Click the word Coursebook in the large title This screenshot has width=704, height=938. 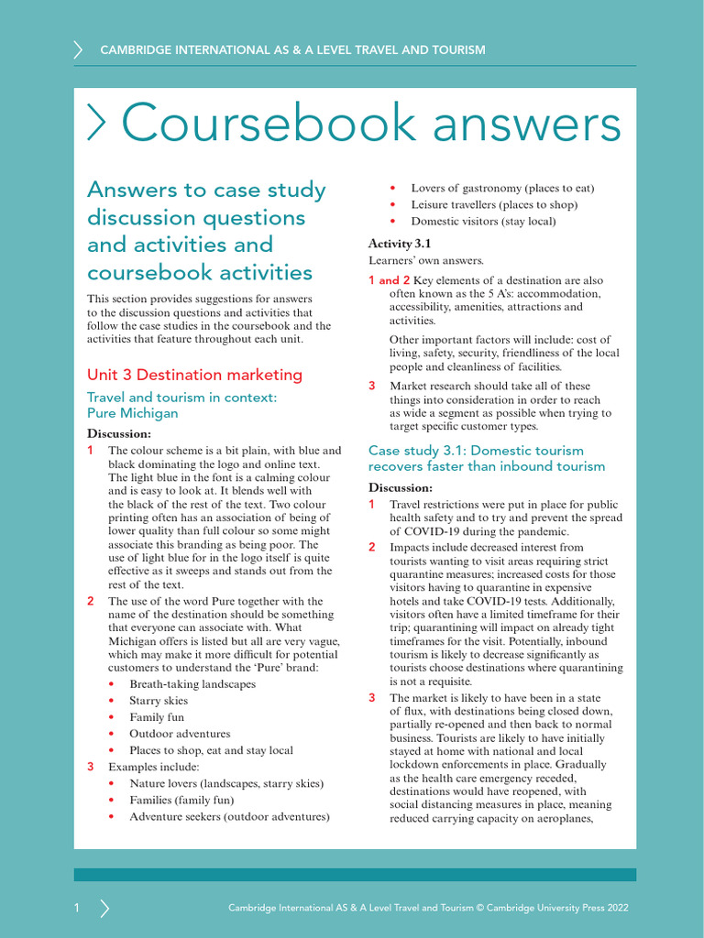pyautogui.click(x=260, y=124)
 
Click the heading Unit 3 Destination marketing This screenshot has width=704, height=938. pyautogui.click(x=193, y=375)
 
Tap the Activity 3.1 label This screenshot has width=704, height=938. pyautogui.click(x=400, y=244)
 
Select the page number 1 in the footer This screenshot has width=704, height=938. pyautogui.click(x=77, y=908)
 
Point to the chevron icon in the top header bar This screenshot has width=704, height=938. pyautogui.click(x=78, y=49)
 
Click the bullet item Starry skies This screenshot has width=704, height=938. pyautogui.click(x=159, y=701)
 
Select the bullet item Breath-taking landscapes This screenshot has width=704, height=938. pyautogui.click(x=192, y=684)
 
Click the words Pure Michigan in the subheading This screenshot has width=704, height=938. pyautogui.click(x=132, y=413)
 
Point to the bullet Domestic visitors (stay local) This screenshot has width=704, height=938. pyautogui.click(x=483, y=222)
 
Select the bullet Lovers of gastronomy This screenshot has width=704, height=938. pyautogui.click(x=502, y=189)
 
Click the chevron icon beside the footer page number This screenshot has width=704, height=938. pyautogui.click(x=104, y=908)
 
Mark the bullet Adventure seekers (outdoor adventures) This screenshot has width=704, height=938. pyautogui.click(x=229, y=816)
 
